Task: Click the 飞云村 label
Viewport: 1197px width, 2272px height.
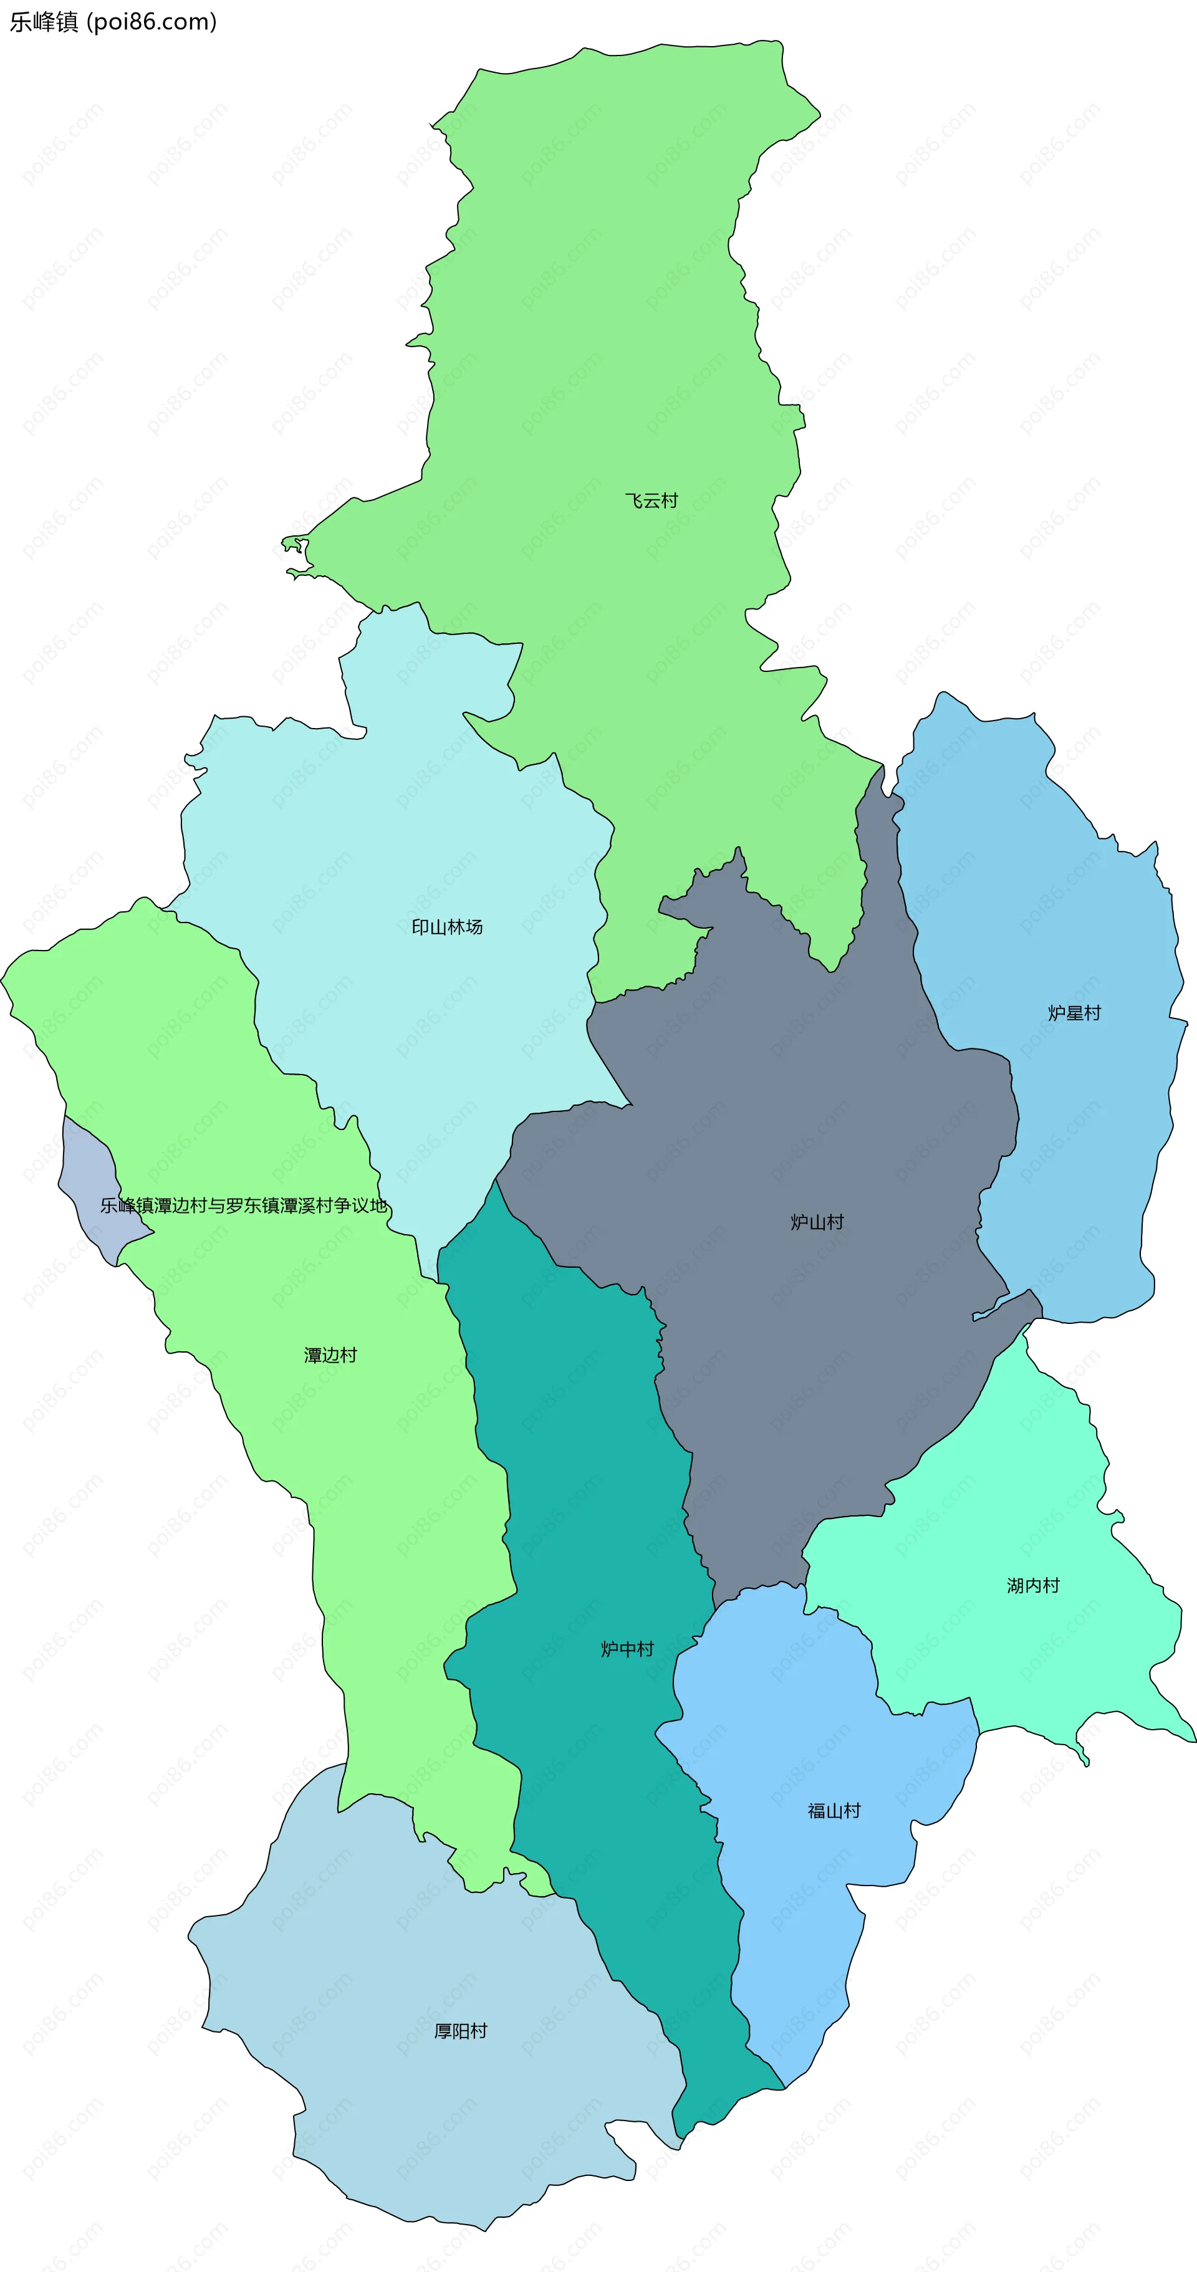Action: coord(651,501)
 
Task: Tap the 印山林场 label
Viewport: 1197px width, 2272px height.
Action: coord(447,927)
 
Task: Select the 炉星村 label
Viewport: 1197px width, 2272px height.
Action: coord(1074,1014)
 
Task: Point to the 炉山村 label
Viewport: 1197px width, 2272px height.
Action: coord(817,1222)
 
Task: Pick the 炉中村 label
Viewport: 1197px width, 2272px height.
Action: coord(627,1649)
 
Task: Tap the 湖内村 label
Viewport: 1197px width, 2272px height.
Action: coord(1033,1586)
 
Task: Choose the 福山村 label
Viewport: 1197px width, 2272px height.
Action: coord(834,1811)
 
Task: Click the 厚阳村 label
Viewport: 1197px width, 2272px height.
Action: coord(461,2031)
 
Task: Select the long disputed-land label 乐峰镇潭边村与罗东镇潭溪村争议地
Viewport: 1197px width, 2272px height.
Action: coord(244,1206)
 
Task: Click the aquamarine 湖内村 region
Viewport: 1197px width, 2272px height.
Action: coord(1014,1499)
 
